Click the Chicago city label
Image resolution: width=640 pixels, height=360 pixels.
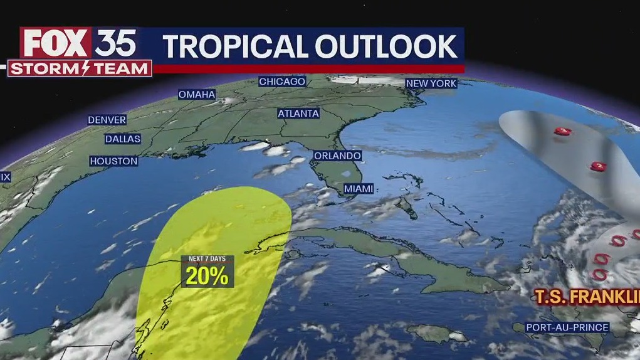(282, 82)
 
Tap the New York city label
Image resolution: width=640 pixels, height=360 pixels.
(431, 83)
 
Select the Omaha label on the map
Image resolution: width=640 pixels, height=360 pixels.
(197, 95)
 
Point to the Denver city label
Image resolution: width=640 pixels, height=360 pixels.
(107, 120)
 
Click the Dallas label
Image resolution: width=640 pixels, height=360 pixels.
(123, 139)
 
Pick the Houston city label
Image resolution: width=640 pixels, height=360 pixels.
(113, 161)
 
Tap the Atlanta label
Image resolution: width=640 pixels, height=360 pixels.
(299, 114)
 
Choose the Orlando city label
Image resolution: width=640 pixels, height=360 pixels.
(337, 156)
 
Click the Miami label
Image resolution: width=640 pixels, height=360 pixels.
(359, 188)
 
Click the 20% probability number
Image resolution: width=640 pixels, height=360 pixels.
(207, 276)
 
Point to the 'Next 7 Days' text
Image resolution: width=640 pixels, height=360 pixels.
(207, 259)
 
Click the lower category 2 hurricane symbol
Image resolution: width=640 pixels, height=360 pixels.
(599, 166)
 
